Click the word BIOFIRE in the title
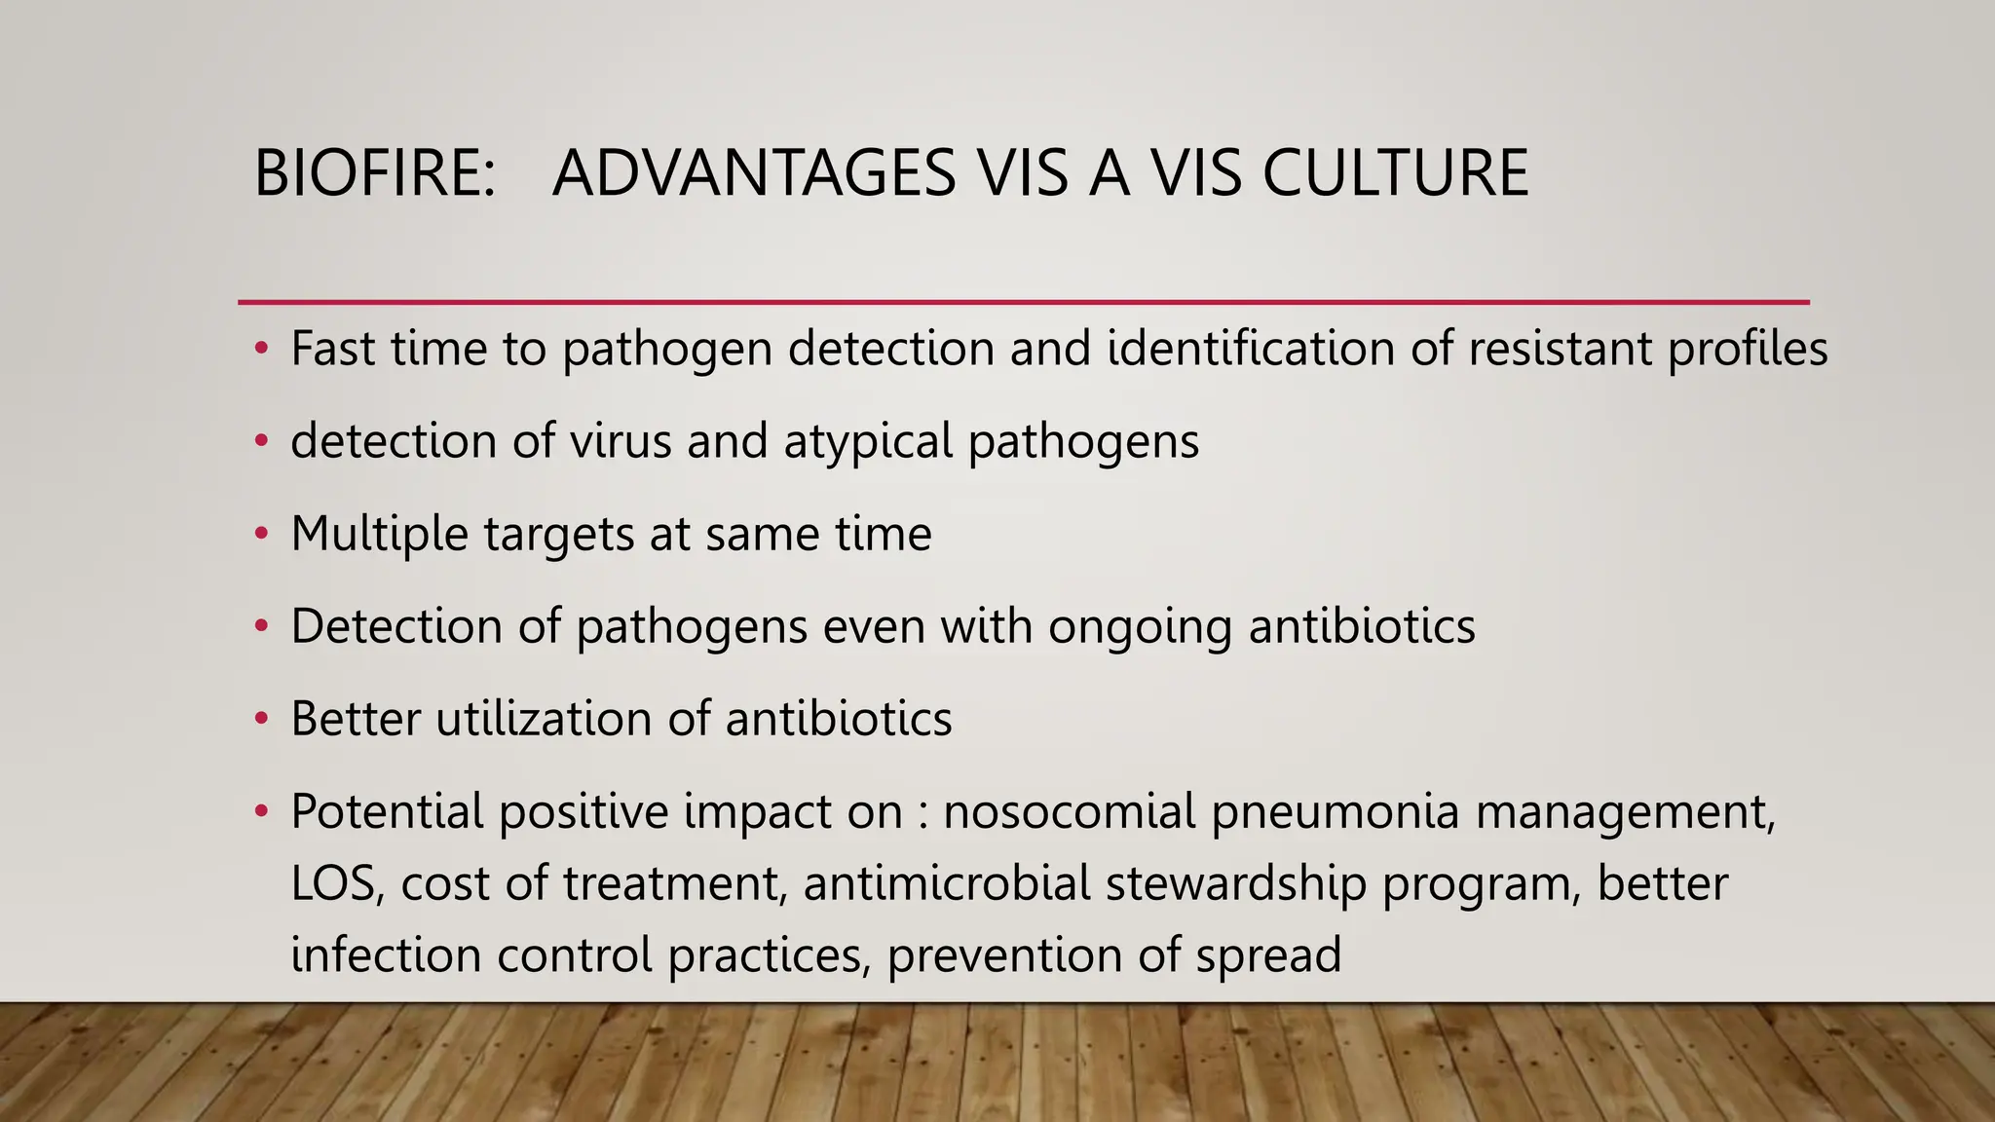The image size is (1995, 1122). coord(373,173)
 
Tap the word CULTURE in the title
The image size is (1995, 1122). coord(1395,173)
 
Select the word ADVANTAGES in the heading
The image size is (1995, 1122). coord(753,173)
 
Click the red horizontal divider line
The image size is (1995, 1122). coord(1023,303)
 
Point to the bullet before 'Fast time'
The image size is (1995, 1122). coord(260,349)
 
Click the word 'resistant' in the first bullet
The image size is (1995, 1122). coord(1560,349)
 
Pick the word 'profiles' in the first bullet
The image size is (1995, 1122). coord(1748,349)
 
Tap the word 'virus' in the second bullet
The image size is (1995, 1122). coord(620,440)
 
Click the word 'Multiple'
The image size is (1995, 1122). coord(379,534)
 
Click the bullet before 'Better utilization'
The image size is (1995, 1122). coord(260,719)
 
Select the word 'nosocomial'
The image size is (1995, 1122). coord(1069,811)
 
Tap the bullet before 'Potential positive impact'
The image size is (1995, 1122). coord(260,811)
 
